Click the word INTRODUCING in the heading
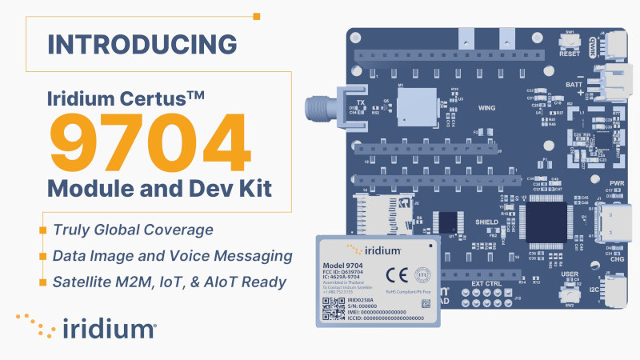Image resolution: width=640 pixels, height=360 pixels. pyautogui.click(x=142, y=43)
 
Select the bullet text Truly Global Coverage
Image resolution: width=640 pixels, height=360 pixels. pyautogui.click(x=133, y=230)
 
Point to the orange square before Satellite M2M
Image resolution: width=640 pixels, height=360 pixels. pyautogui.click(x=42, y=282)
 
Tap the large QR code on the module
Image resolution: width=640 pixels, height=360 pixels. pyautogui.click(x=333, y=309)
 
